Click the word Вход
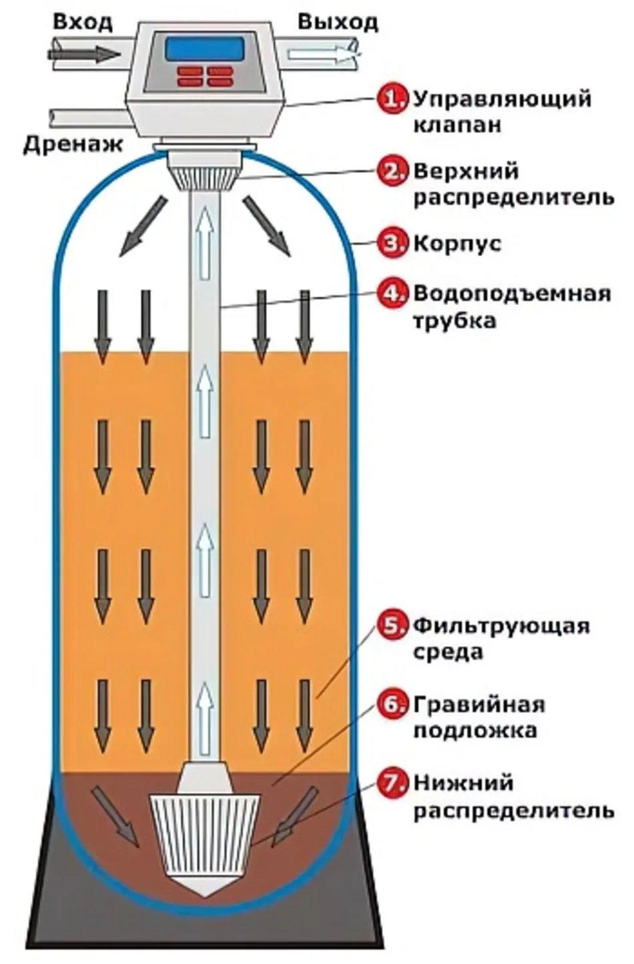tap(83, 23)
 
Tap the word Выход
tap(338, 22)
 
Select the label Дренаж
tap(73, 144)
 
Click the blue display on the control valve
tap(204, 48)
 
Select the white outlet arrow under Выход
tap(320, 53)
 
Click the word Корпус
tap(456, 243)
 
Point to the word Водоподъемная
tap(511, 294)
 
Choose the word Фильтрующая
tap(501, 626)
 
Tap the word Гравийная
tap(479, 704)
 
